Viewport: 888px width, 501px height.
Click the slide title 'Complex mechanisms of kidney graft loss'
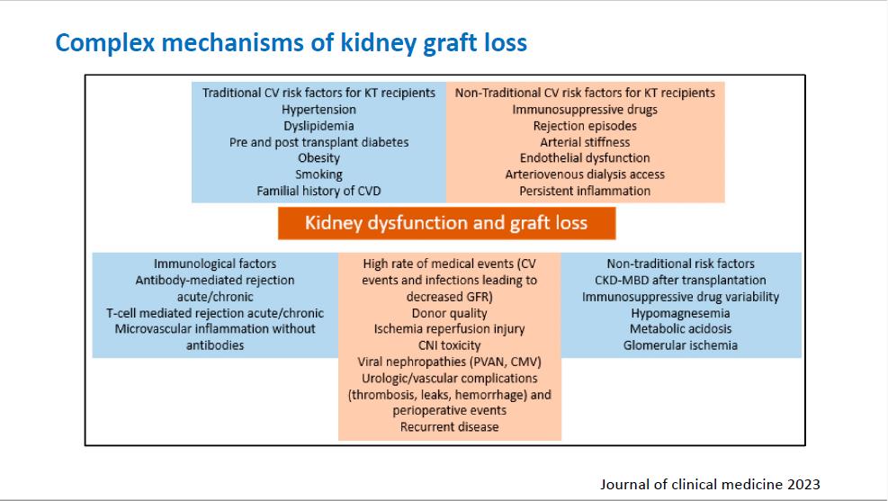coord(292,43)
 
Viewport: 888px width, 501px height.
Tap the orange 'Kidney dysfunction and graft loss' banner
coord(446,223)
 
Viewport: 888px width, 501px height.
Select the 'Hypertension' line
coord(318,110)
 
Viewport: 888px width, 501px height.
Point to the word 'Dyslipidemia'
coord(318,126)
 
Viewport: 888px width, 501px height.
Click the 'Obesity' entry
coord(318,158)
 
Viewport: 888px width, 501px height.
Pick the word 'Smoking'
coord(318,174)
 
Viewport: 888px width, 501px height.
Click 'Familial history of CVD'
coord(318,191)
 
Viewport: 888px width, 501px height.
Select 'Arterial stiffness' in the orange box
coord(585,142)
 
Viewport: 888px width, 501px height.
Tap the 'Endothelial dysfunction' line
coord(585,158)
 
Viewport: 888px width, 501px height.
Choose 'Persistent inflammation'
coord(585,191)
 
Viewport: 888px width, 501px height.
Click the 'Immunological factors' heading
coord(215,264)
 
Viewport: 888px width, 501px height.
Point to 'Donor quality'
coord(450,313)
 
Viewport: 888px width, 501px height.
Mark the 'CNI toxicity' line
coord(450,345)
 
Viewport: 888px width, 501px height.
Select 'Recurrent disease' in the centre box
coord(450,427)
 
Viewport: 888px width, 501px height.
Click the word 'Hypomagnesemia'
coord(681,313)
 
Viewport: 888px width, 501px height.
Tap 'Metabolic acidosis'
coord(681,329)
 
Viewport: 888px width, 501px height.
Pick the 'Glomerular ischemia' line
coord(681,345)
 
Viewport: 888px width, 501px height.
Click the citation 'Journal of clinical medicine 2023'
coord(710,485)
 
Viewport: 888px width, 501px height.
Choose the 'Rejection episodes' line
coord(585,126)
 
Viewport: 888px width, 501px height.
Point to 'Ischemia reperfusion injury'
coord(450,329)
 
